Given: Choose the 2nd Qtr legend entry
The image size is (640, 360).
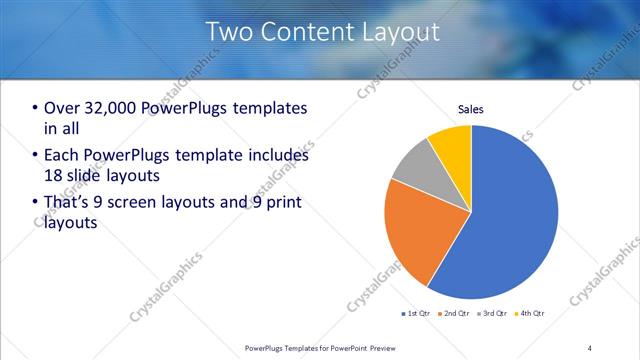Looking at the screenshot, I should (x=456, y=314).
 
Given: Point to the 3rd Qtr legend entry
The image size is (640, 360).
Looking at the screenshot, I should (x=493, y=314).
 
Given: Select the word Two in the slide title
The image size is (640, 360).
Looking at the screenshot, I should (x=228, y=32).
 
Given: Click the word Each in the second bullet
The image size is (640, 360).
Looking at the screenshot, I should (x=62, y=156).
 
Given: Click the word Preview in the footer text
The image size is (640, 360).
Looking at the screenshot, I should (x=377, y=347).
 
